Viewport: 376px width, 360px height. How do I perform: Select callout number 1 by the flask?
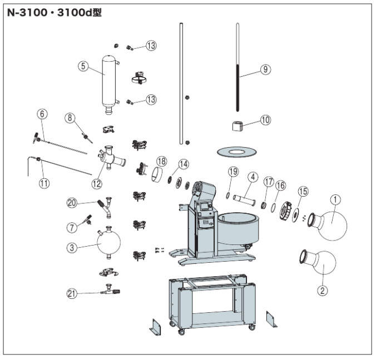coord(335,198)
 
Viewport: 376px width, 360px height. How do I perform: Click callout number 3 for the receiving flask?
coord(72,248)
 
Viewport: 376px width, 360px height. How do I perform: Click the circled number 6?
coord(43,114)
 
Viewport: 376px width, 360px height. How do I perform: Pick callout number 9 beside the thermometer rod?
coord(265,69)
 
